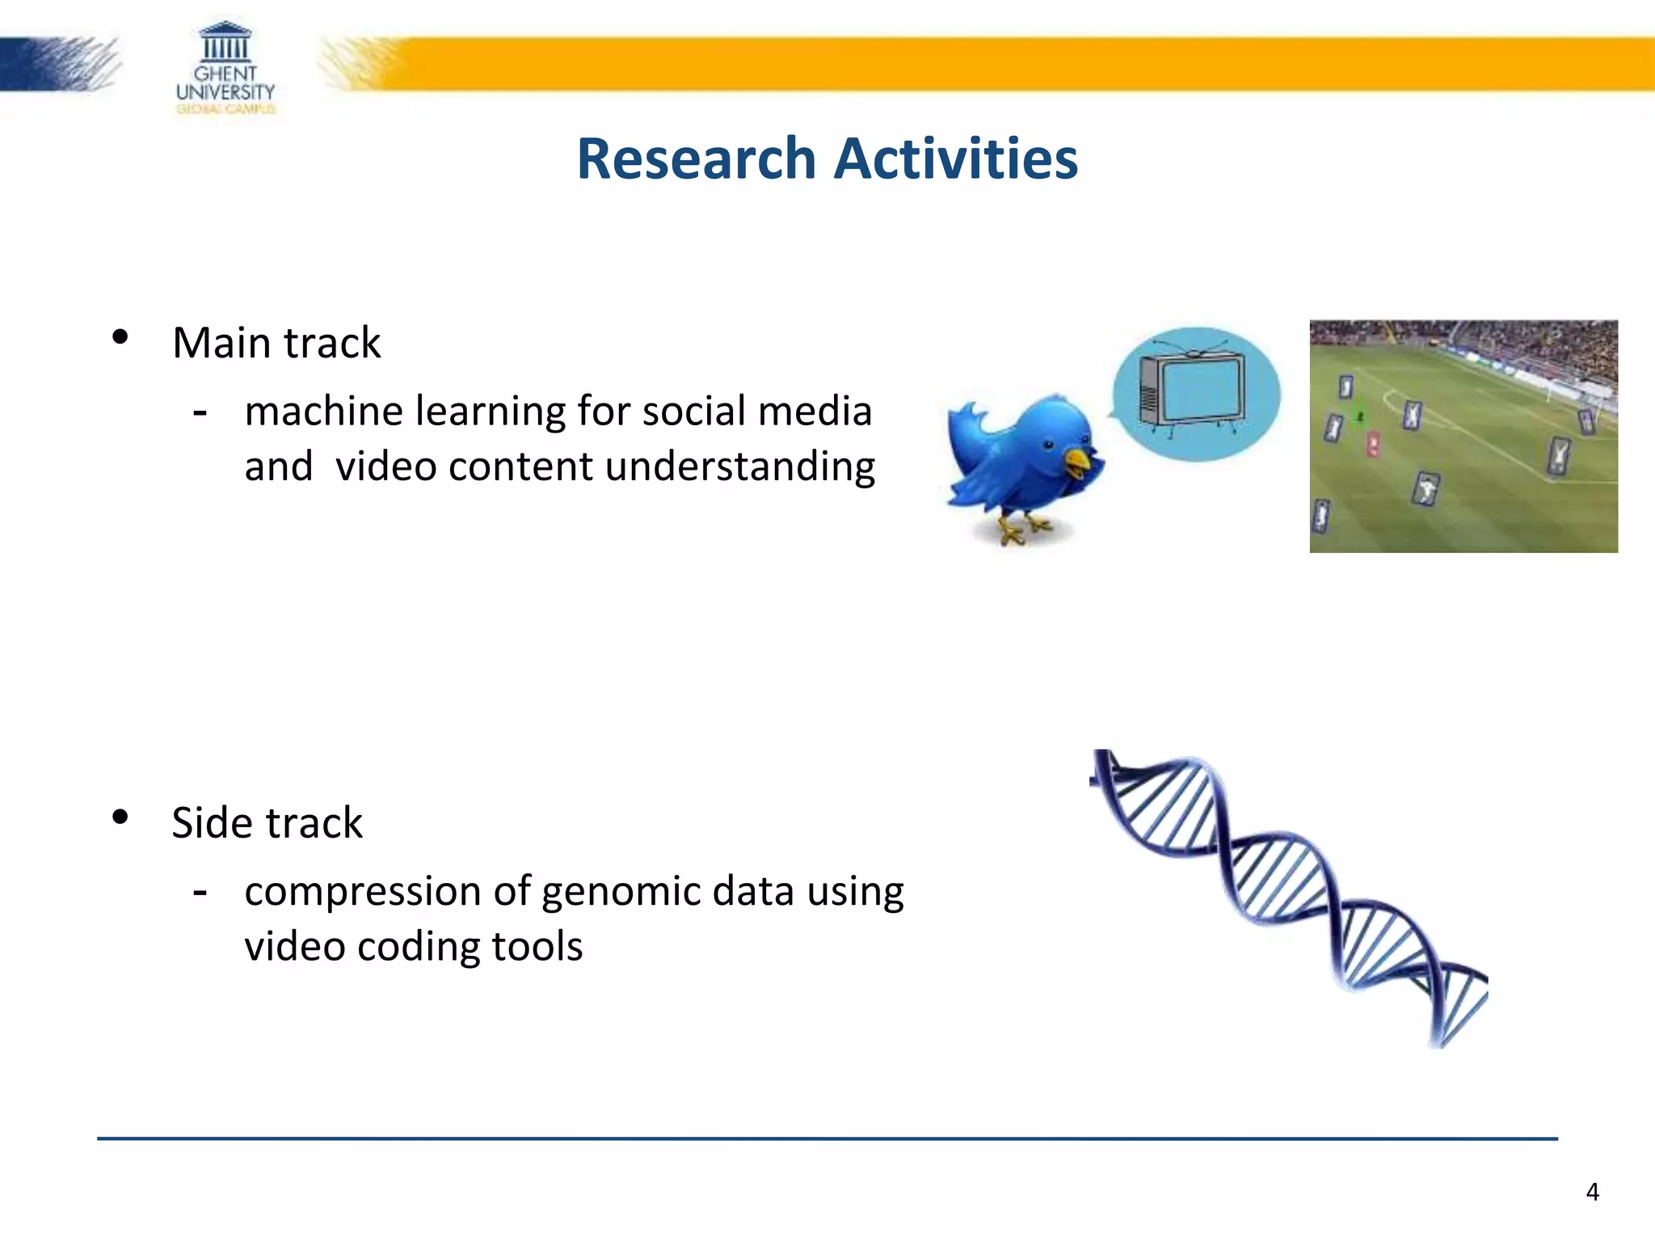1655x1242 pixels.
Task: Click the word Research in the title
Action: (696, 158)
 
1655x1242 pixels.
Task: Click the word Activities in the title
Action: (955, 158)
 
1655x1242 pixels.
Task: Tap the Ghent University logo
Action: (225, 68)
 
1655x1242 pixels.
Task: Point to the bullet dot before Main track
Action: (120, 337)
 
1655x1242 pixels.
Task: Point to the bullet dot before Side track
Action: (120, 817)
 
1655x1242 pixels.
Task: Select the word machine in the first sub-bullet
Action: (324, 411)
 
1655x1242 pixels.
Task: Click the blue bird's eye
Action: (1048, 444)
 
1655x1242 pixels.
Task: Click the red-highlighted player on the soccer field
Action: (1373, 444)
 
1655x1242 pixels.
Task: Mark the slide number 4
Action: (1592, 1192)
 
